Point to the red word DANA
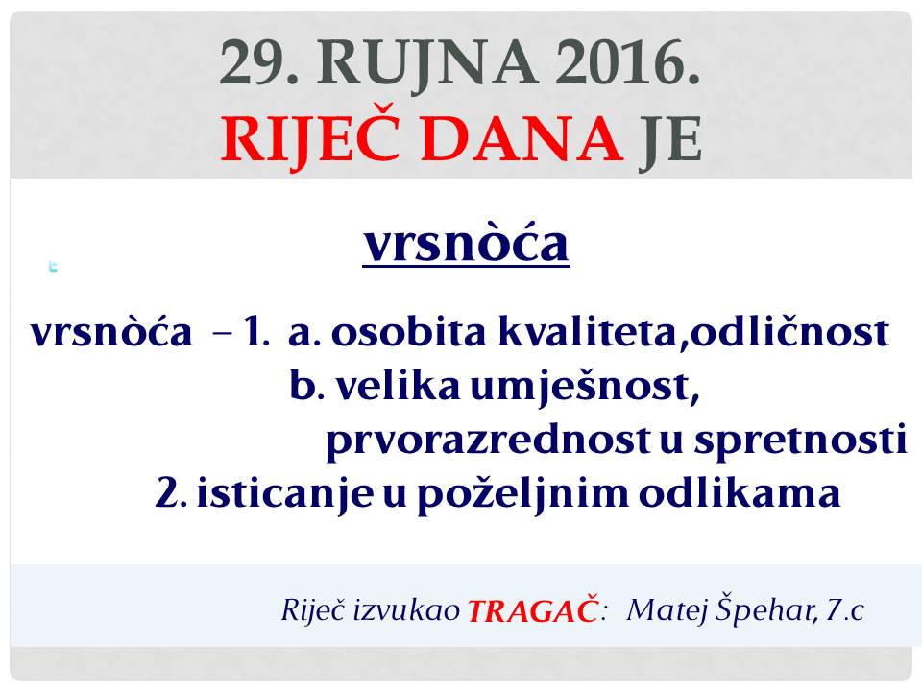pos(522,138)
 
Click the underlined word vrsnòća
pos(467,243)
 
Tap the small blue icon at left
pos(53,266)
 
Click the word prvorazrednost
pos(488,441)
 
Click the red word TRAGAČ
pos(533,610)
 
